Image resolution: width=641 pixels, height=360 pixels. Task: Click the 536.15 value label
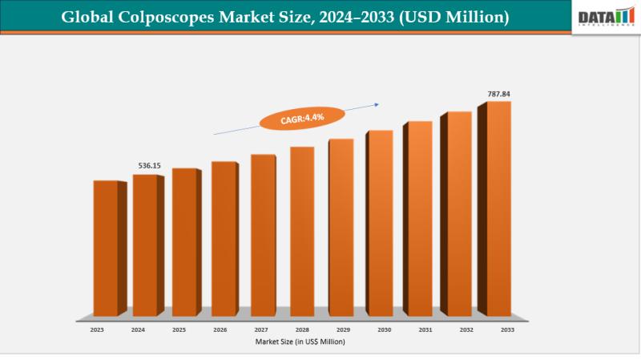150,166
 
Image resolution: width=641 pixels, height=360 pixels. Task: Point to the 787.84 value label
498,94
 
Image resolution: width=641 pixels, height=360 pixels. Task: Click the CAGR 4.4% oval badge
302,119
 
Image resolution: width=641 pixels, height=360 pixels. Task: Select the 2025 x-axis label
179,330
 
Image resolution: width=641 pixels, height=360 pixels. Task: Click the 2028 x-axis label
302,330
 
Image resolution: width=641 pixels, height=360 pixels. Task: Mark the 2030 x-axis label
384,330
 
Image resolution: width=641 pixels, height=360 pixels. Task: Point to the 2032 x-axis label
466,330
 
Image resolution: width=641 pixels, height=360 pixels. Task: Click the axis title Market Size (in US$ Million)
301,342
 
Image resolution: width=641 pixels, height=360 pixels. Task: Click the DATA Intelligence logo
605,17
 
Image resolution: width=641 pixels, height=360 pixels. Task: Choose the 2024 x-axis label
138,330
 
